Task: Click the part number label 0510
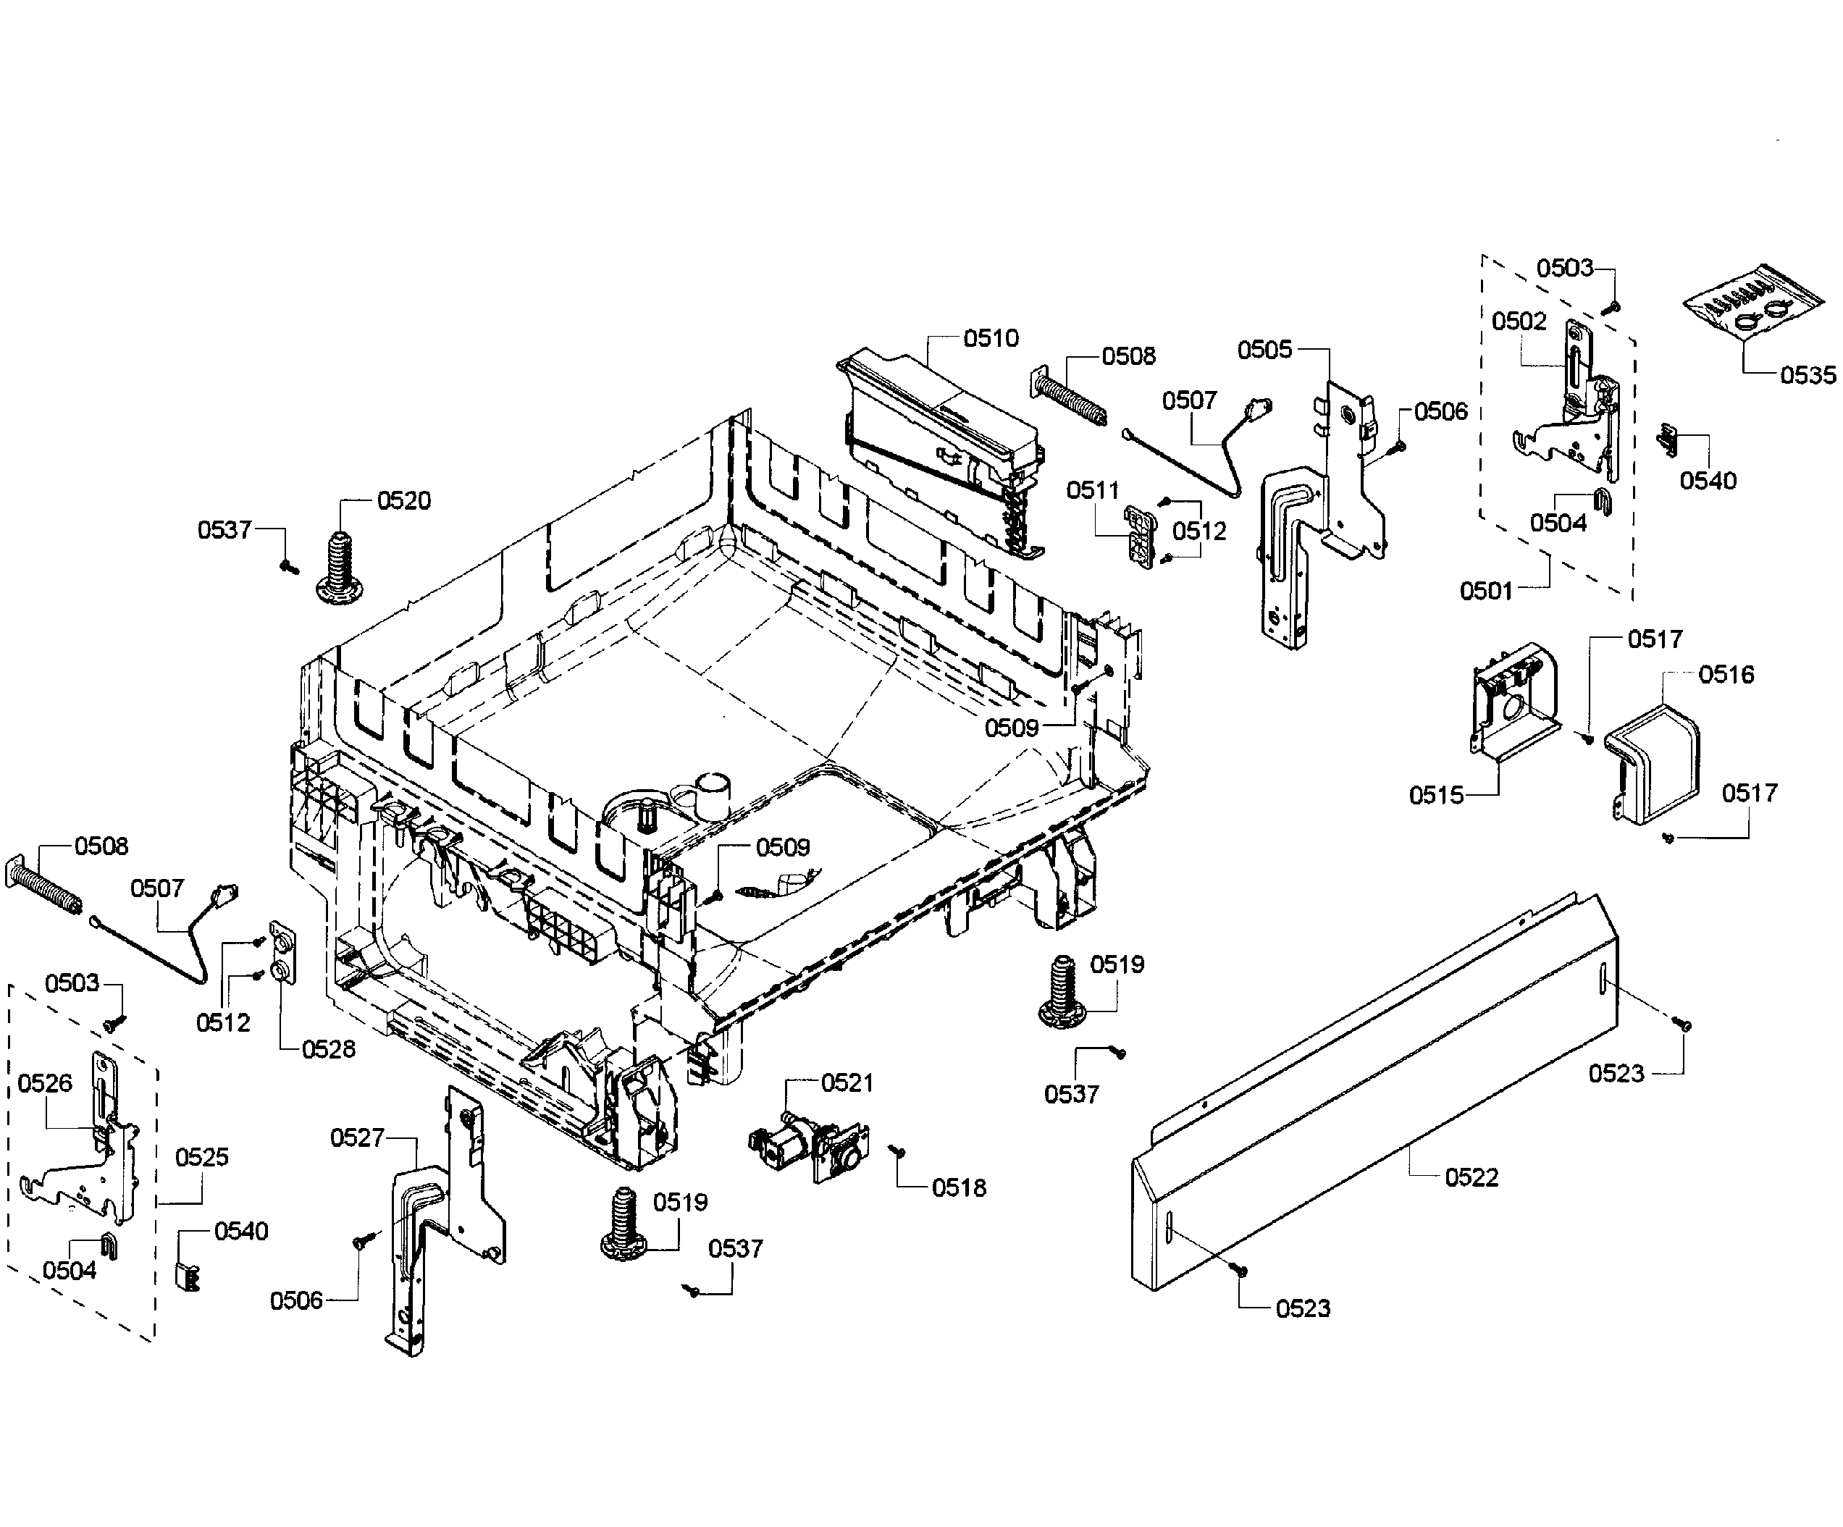click(x=991, y=339)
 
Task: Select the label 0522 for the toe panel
click(x=1471, y=1178)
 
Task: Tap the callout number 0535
click(x=1808, y=376)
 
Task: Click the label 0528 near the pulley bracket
click(x=328, y=1050)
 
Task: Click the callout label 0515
click(x=1436, y=796)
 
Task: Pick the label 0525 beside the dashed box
click(x=202, y=1158)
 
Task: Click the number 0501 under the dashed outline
click(x=1486, y=592)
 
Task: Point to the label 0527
click(x=357, y=1138)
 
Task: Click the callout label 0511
click(x=1092, y=491)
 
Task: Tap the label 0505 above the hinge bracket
click(x=1264, y=350)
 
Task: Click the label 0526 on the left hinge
click(x=45, y=1084)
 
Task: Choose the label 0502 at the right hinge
click(x=1519, y=321)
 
